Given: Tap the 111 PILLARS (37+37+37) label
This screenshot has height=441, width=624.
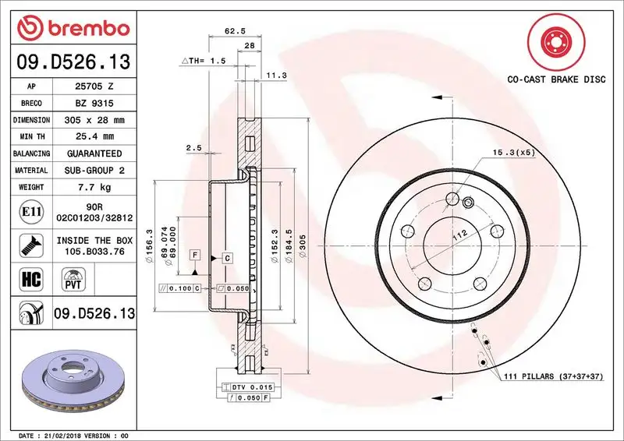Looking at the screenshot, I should click(552, 377).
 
